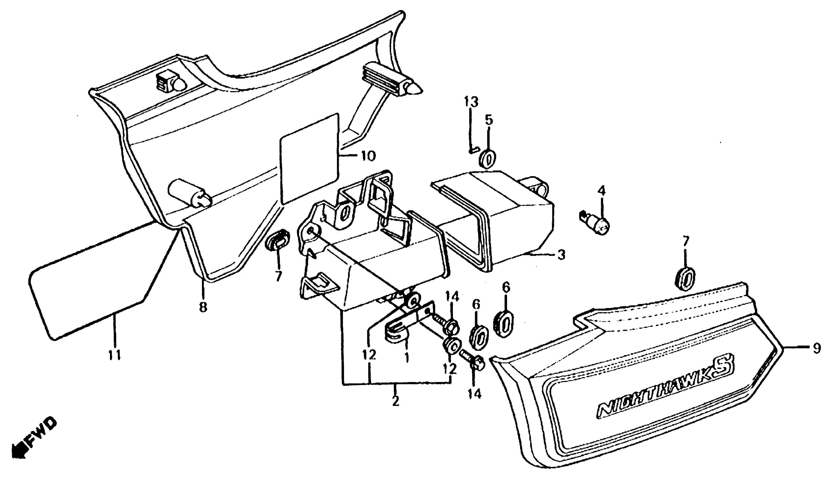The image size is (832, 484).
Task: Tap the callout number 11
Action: pyautogui.click(x=115, y=355)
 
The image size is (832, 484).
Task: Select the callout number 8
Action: pyautogui.click(x=203, y=307)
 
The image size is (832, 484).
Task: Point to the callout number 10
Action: pyautogui.click(x=368, y=155)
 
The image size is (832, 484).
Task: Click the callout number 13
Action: pyautogui.click(x=471, y=102)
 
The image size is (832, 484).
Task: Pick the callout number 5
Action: pyautogui.click(x=489, y=120)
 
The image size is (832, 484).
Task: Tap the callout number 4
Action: pyautogui.click(x=602, y=190)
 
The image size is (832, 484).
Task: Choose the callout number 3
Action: pyautogui.click(x=561, y=255)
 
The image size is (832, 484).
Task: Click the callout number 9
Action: pyautogui.click(x=817, y=348)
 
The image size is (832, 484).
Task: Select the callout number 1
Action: pyautogui.click(x=407, y=357)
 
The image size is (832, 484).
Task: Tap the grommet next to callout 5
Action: pyautogui.click(x=488, y=160)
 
